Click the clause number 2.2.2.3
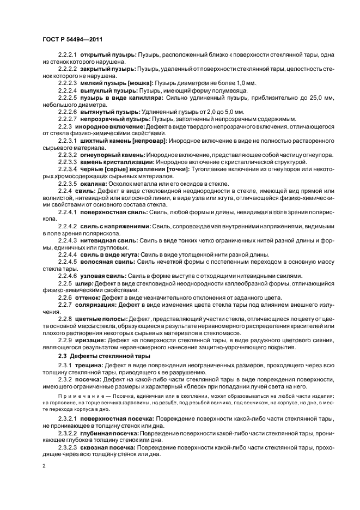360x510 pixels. pos(69,82)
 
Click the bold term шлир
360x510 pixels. pos(84,283)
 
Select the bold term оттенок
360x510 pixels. pos(89,298)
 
